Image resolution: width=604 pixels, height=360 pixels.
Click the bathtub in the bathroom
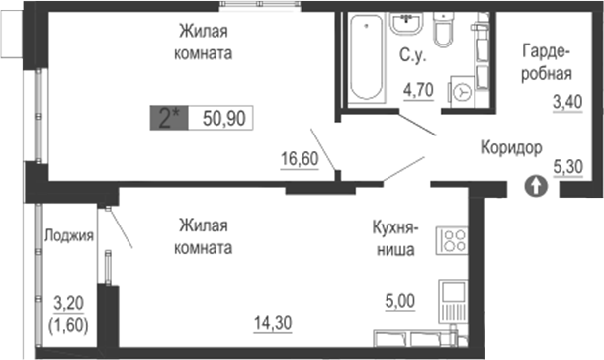[x=366, y=57]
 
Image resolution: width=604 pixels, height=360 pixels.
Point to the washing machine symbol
[x=462, y=92]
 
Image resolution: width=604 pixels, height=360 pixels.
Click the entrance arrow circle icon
[x=534, y=184]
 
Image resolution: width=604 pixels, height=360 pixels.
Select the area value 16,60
[x=299, y=158]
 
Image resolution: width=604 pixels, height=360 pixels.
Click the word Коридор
[x=511, y=148]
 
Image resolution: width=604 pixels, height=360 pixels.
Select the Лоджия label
[x=69, y=235]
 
